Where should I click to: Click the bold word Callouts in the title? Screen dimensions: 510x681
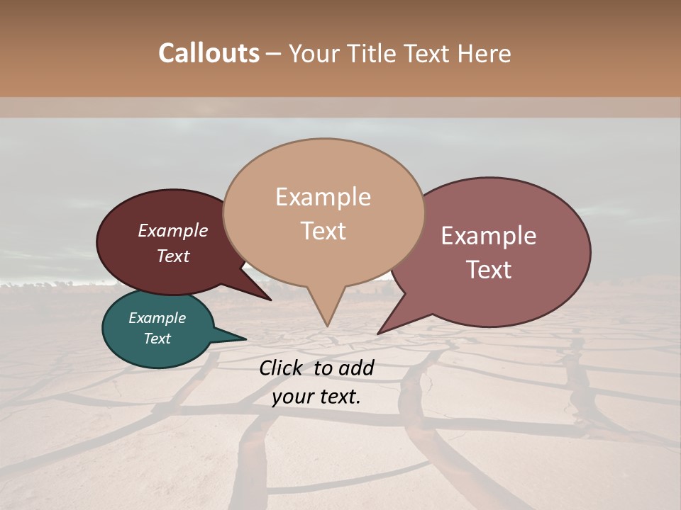209,53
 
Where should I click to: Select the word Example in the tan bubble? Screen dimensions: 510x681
323,197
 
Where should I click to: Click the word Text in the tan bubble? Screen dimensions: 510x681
323,230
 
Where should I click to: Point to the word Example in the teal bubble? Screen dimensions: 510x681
157,318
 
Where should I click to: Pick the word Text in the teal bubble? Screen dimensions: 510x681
157,339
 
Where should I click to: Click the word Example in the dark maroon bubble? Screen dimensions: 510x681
172,230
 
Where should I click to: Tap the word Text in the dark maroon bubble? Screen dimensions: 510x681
172,256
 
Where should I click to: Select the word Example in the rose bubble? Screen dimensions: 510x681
488,236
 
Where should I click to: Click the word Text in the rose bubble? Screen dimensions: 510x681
488,269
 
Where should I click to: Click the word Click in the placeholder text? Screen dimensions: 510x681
282,368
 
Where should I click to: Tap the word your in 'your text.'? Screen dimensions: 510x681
292,397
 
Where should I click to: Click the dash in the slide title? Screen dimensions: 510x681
274,53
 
